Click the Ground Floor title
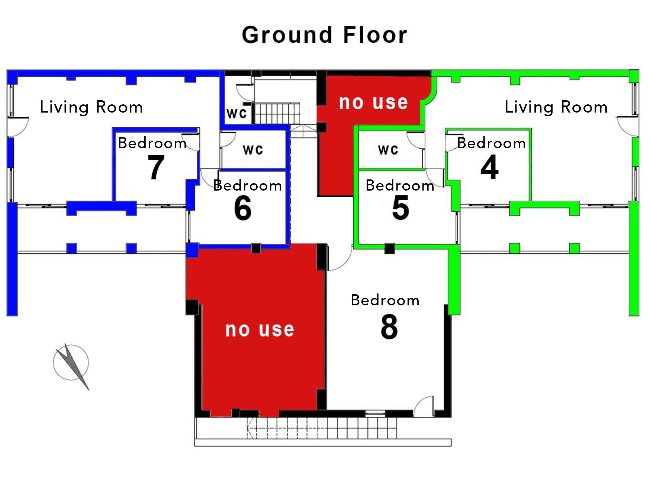click(x=325, y=35)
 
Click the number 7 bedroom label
click(x=156, y=167)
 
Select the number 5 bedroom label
click(x=400, y=208)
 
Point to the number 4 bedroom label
click(x=490, y=167)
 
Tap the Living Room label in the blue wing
click(x=91, y=107)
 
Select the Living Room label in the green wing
click(x=556, y=107)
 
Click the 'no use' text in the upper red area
click(x=373, y=102)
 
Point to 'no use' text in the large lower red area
click(x=260, y=329)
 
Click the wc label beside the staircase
click(x=236, y=113)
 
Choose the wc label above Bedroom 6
click(x=253, y=150)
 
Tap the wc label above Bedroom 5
click(x=388, y=150)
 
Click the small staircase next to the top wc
click(x=277, y=113)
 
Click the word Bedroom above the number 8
click(x=385, y=300)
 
